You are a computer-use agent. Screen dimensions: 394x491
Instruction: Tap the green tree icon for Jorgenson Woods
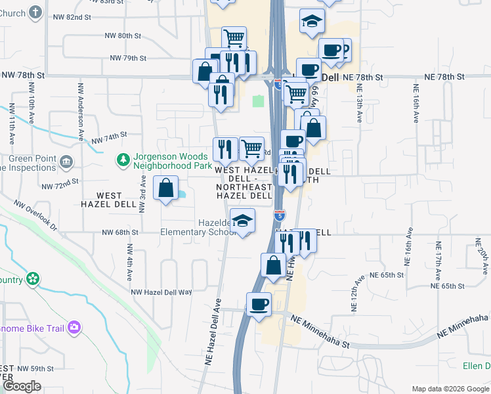click(x=122, y=159)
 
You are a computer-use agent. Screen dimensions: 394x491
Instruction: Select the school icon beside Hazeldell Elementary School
click(x=242, y=221)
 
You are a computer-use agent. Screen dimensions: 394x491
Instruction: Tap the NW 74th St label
click(x=108, y=138)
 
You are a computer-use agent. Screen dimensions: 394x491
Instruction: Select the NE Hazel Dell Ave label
click(x=213, y=332)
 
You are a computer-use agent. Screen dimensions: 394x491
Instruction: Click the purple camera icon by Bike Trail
click(x=74, y=326)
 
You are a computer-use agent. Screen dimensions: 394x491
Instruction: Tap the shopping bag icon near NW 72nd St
click(x=165, y=189)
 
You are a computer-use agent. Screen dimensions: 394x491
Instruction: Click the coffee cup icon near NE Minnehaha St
click(x=259, y=305)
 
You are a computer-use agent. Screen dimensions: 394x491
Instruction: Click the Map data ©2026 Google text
click(x=450, y=389)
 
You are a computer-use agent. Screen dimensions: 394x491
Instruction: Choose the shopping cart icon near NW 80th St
click(x=234, y=38)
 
